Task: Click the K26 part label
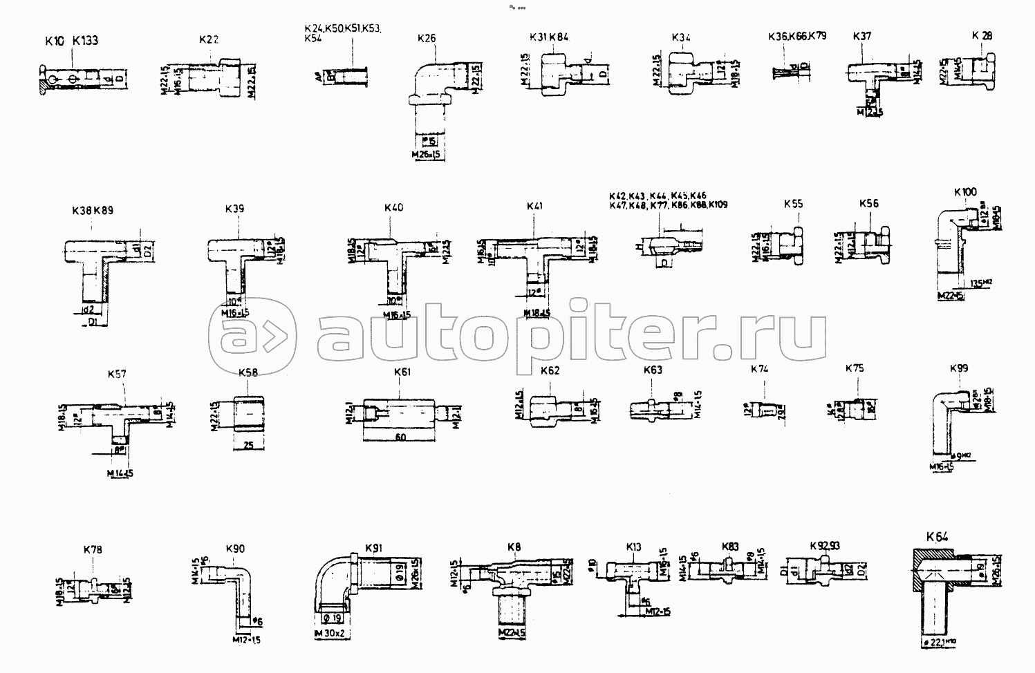tap(427, 39)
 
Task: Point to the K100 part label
tap(965, 191)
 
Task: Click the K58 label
tap(248, 372)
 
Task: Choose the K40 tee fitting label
tap(393, 207)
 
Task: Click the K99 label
tap(959, 368)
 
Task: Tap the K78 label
tap(93, 550)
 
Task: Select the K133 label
tap(85, 41)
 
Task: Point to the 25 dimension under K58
tap(249, 446)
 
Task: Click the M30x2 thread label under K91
tap(329, 634)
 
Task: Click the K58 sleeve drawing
tap(249, 416)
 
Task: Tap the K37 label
tap(861, 37)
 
